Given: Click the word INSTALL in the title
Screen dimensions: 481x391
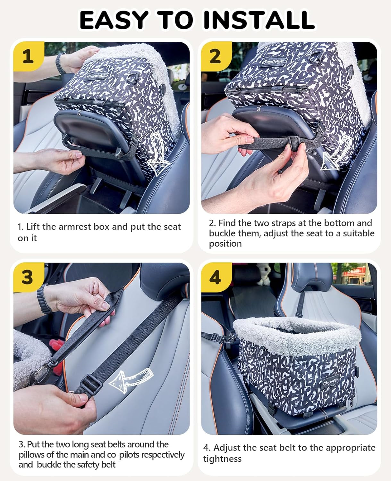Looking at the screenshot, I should point(259,20).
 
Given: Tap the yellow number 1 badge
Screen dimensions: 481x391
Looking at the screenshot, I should point(28,56).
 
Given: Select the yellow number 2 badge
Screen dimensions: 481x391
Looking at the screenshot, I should point(215,56).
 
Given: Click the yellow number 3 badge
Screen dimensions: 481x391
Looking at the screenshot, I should point(28,277).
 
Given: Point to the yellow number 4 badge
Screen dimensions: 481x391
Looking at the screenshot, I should point(215,277).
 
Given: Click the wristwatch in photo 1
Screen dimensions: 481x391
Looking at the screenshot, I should point(61,63).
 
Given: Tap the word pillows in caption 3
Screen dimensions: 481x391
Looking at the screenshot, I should point(33,455).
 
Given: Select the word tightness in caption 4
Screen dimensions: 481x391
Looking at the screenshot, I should point(222,459).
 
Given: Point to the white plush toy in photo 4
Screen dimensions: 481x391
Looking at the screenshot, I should point(265,274).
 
